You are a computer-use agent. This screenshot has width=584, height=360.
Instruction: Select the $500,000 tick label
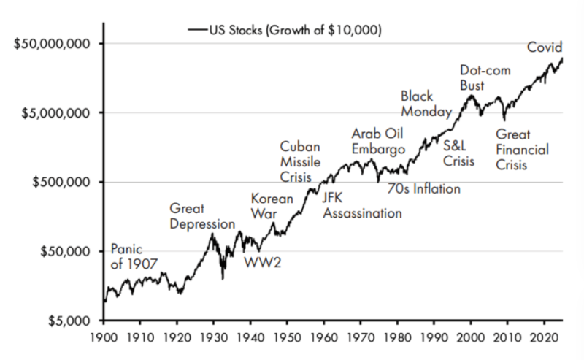(61, 182)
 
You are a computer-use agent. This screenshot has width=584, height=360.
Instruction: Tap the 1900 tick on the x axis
(104, 340)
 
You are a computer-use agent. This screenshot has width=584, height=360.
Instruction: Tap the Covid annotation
(545, 48)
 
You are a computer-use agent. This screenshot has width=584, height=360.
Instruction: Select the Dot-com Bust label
(485, 78)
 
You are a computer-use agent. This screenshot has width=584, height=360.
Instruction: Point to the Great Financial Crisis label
(522, 150)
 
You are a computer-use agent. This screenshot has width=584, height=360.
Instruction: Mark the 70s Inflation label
(423, 189)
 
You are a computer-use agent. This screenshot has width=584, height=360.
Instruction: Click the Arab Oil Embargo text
(378, 142)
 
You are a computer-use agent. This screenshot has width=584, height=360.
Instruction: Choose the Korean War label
(272, 207)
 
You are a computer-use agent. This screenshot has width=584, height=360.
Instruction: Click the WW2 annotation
(262, 261)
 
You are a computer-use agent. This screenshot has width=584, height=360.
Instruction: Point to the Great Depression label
(202, 216)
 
